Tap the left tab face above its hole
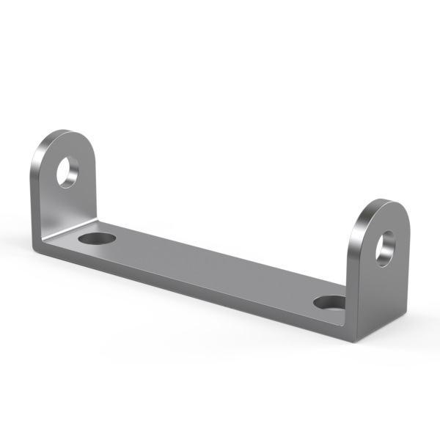(x=73, y=147)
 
